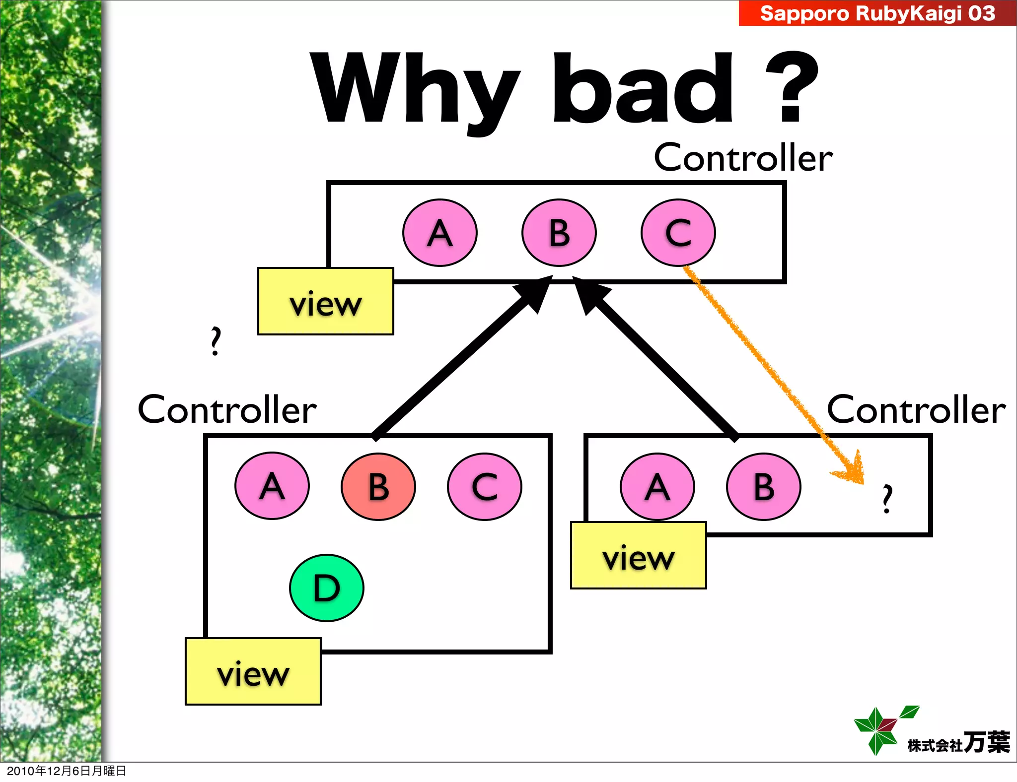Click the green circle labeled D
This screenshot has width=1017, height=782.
pyautogui.click(x=327, y=588)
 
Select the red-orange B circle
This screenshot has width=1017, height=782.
pyautogui.click(x=378, y=486)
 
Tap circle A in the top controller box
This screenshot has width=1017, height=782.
pyautogui.click(x=440, y=233)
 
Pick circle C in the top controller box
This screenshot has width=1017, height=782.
pyautogui.click(x=678, y=233)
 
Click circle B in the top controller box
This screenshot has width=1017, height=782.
pyautogui.click(x=559, y=233)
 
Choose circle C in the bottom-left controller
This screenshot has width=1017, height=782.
pyautogui.click(x=485, y=486)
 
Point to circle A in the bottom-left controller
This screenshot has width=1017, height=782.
pyautogui.click(x=272, y=486)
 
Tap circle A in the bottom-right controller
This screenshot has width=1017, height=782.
pyautogui.click(x=657, y=486)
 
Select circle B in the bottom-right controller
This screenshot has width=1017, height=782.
pyautogui.click(x=764, y=486)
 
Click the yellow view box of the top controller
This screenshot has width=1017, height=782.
pyautogui.click(x=326, y=302)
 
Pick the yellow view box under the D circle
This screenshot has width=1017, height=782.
pyautogui.click(x=253, y=671)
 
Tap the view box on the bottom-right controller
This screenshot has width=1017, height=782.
pyautogui.click(x=639, y=555)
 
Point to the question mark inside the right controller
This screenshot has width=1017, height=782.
pyautogui.click(x=887, y=498)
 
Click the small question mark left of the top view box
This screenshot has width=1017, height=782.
pyautogui.click(x=215, y=341)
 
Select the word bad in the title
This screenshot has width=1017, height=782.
pyautogui.click(x=643, y=89)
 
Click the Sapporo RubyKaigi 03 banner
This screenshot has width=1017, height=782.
pyautogui.click(x=877, y=13)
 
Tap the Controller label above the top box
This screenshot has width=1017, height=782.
pyautogui.click(x=743, y=158)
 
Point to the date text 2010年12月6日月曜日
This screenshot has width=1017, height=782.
pyautogui.click(x=67, y=771)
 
